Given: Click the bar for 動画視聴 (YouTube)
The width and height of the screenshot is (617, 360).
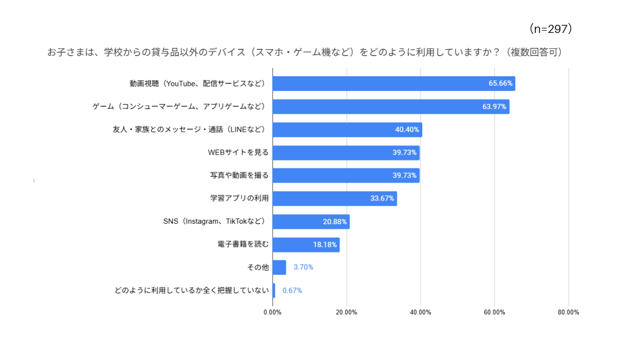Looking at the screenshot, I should pos(393,84).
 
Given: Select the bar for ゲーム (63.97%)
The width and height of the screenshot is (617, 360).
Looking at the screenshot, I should pos(390,107).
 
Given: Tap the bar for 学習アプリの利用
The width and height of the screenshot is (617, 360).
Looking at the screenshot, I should pos(334,199).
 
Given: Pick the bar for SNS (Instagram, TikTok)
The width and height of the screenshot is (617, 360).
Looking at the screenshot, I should pos(311,222).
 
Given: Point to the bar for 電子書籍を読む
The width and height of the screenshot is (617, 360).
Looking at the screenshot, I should pos(305,245).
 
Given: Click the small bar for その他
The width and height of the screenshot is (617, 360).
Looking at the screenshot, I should pos(279,267).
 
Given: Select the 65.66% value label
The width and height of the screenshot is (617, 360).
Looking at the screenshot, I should pos(500,84).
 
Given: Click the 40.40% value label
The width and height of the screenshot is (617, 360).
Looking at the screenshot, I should pos(407,130).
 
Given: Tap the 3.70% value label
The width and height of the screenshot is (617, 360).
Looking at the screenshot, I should pos(303,267).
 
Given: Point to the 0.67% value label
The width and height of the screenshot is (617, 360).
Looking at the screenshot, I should pos(292,291).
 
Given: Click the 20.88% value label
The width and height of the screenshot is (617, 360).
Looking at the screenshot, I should pos(335,222).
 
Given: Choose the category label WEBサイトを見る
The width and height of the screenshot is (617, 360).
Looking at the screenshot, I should pos(238,153).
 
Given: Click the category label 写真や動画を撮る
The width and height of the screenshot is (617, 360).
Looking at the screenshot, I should pos(239,175).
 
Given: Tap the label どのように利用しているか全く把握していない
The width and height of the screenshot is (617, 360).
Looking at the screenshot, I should pos(192,291).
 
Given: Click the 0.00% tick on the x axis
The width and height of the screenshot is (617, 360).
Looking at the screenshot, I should pos(273,312).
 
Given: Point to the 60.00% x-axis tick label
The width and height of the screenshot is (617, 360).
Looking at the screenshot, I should pos(494,312).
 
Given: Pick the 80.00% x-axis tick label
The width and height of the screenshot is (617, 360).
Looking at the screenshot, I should pos(568,312).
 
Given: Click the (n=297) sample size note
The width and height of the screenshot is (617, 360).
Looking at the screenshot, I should pos(551,29).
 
